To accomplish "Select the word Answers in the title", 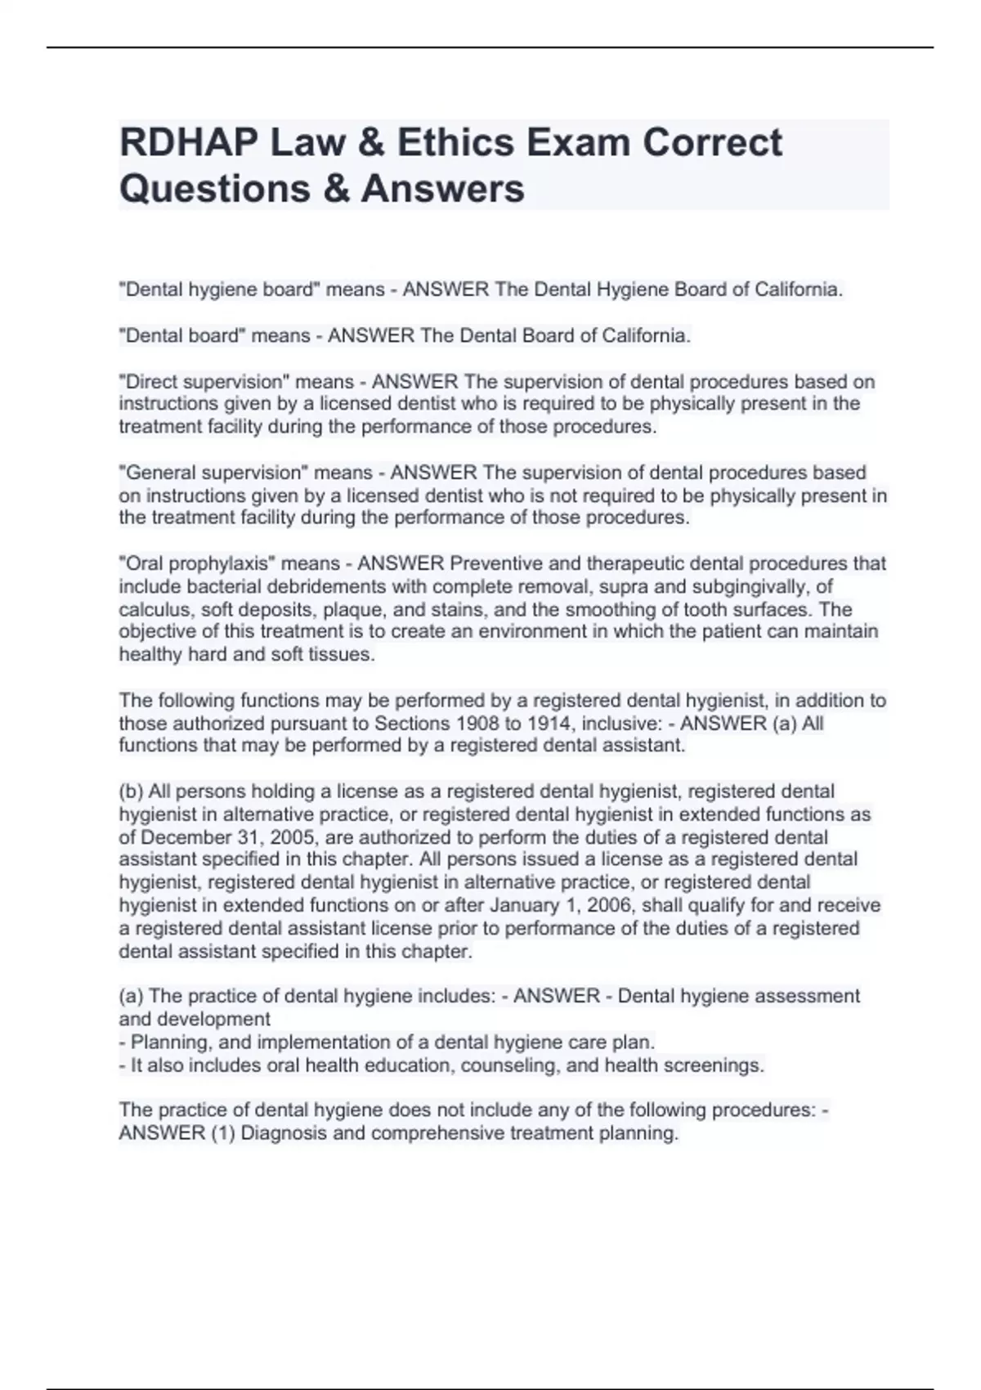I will click(x=442, y=188).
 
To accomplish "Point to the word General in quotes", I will click(x=159, y=473).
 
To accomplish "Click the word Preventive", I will click(x=496, y=564).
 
